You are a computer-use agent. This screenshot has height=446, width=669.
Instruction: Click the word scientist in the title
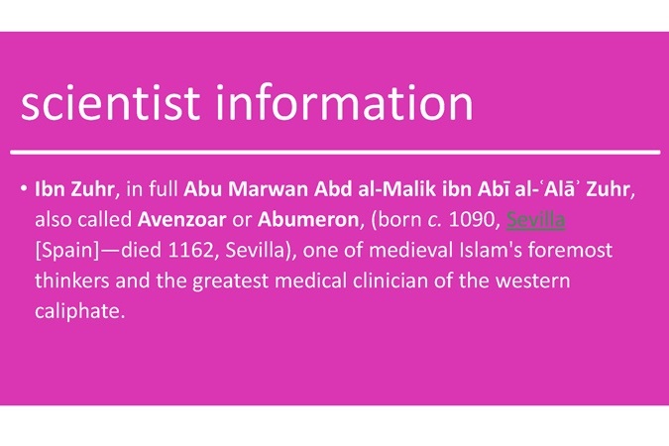point(110,102)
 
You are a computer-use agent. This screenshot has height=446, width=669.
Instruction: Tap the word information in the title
point(345,102)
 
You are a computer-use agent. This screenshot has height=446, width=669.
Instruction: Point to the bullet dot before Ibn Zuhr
point(24,188)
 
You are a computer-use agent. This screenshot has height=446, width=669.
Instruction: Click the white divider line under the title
point(335,152)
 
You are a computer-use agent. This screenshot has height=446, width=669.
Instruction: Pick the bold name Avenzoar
point(181,220)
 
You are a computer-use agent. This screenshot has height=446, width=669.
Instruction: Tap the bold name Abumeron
point(308,220)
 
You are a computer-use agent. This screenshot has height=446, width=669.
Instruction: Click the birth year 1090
point(473,220)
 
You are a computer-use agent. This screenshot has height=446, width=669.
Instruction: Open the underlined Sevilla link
point(535,220)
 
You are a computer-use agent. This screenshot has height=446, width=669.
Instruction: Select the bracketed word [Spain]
point(67,251)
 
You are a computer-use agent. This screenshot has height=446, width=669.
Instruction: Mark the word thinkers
point(71,280)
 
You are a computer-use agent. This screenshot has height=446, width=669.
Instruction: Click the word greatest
point(230,281)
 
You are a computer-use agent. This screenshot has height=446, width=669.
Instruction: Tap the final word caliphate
point(80,311)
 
